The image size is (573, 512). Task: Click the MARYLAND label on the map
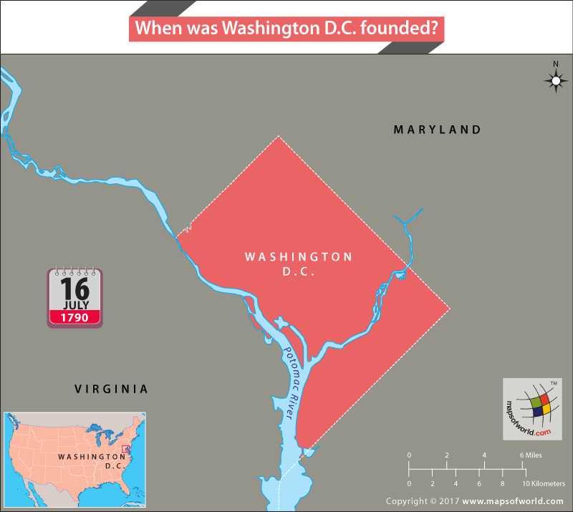[x=437, y=130]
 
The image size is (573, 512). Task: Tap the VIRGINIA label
[x=112, y=389]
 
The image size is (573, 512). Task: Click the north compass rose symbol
[x=555, y=81]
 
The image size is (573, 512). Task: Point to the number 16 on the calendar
[x=74, y=288]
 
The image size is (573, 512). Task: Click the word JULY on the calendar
[x=74, y=305]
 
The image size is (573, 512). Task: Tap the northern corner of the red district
[x=279, y=137]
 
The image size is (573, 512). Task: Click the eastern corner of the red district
[x=449, y=309]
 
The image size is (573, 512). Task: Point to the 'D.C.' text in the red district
[x=299, y=272]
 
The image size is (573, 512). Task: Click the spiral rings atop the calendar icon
[x=74, y=272]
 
